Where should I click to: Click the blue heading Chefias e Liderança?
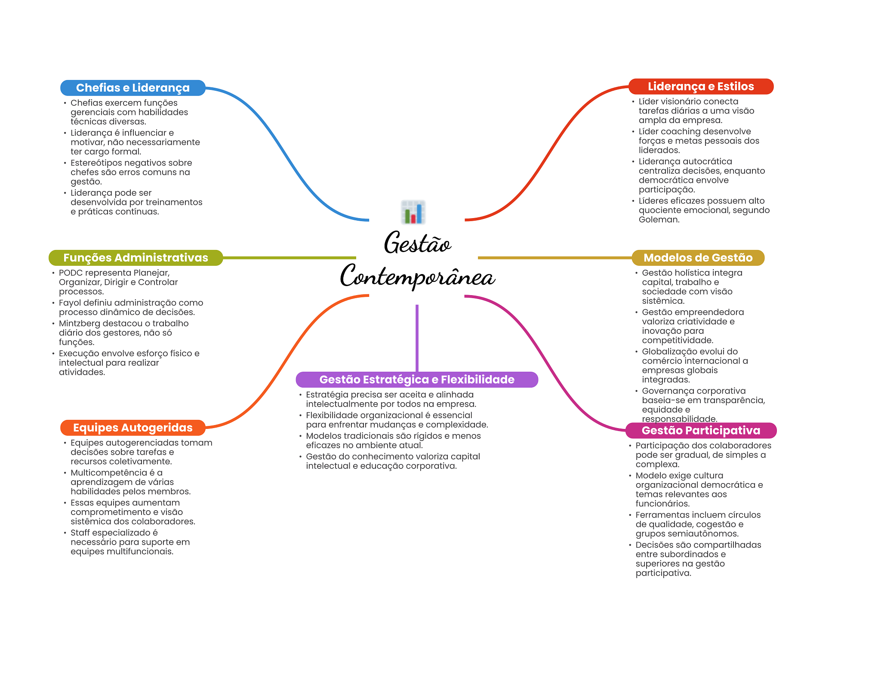[x=132, y=88]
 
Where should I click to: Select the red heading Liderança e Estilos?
[x=700, y=86]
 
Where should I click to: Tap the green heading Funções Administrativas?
[x=136, y=258]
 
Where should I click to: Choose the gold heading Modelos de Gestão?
[x=698, y=258]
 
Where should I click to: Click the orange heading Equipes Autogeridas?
[x=132, y=428]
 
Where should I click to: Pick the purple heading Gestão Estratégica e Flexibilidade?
[x=416, y=379]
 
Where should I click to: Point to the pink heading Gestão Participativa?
[x=700, y=430]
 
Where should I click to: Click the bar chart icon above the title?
[x=413, y=212]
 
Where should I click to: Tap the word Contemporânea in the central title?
[x=417, y=276]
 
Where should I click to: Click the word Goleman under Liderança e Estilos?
[x=659, y=220]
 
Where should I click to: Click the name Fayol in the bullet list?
[x=69, y=303]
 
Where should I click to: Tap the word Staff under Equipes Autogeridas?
[x=80, y=533]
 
